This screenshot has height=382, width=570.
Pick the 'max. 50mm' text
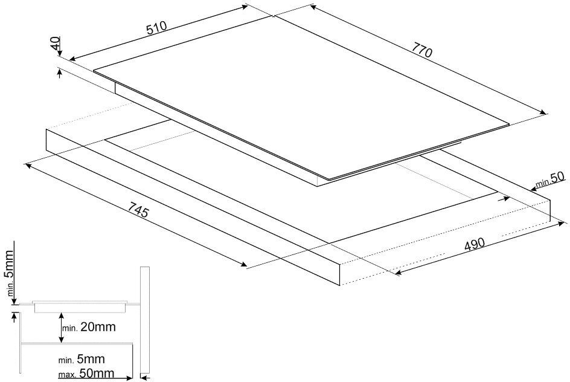86,375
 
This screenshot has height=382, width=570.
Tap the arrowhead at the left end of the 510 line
71,59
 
